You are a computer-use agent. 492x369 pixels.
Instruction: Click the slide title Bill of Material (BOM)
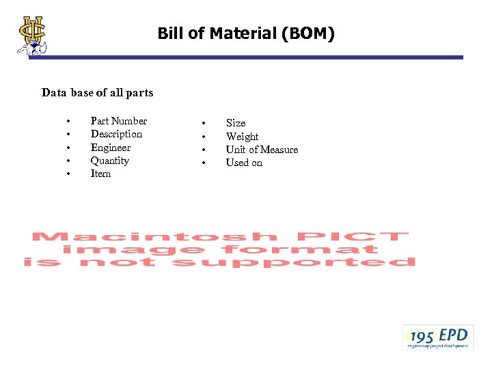click(x=246, y=33)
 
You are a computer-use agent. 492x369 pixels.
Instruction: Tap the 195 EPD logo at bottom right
click(x=437, y=337)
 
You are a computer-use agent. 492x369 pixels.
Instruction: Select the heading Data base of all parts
click(x=97, y=92)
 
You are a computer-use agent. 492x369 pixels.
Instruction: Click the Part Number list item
click(x=118, y=121)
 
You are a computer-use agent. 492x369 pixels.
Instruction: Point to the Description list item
click(x=116, y=134)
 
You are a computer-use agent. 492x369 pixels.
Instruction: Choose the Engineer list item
click(x=110, y=148)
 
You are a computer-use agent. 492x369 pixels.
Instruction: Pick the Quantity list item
click(x=109, y=161)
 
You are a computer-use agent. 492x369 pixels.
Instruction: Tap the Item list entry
click(x=100, y=174)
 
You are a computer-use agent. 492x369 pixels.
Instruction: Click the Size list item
click(x=236, y=123)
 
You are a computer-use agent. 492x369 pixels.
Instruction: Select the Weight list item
click(x=242, y=137)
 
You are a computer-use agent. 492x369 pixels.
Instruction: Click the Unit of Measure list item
click(x=262, y=150)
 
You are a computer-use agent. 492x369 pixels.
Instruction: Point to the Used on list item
click(x=244, y=163)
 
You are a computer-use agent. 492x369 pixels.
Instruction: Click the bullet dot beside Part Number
click(x=68, y=122)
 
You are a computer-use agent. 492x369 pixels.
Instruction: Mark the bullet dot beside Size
click(x=203, y=124)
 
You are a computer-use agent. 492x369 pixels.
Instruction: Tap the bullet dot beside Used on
click(x=203, y=163)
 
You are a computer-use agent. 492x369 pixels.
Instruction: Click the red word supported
click(x=294, y=262)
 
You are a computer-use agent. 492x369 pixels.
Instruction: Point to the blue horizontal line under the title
click(x=246, y=57)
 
